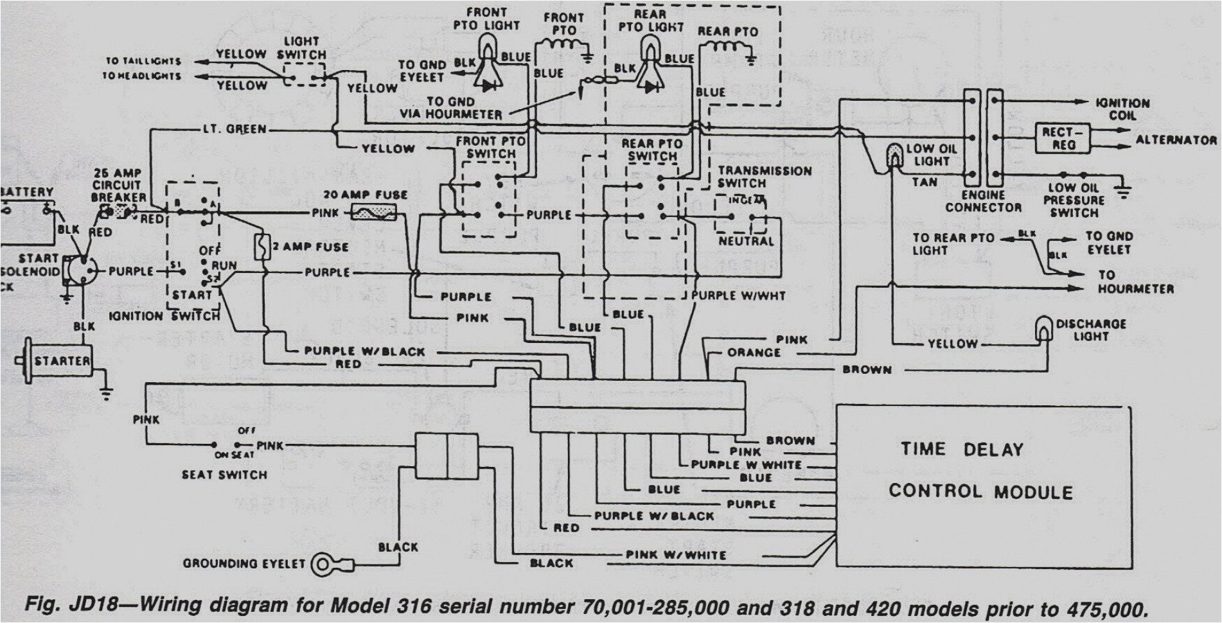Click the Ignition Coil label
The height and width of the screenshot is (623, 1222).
pos(1122,109)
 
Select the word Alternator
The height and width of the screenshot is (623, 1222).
pos(1176,140)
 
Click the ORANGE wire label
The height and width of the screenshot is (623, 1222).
pos(754,353)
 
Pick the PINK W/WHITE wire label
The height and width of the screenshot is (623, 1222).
pos(676,554)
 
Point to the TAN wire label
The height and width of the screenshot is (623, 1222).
pos(925,182)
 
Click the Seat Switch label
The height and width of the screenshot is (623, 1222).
pos(224,475)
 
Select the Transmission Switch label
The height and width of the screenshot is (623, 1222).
pos(765,177)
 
